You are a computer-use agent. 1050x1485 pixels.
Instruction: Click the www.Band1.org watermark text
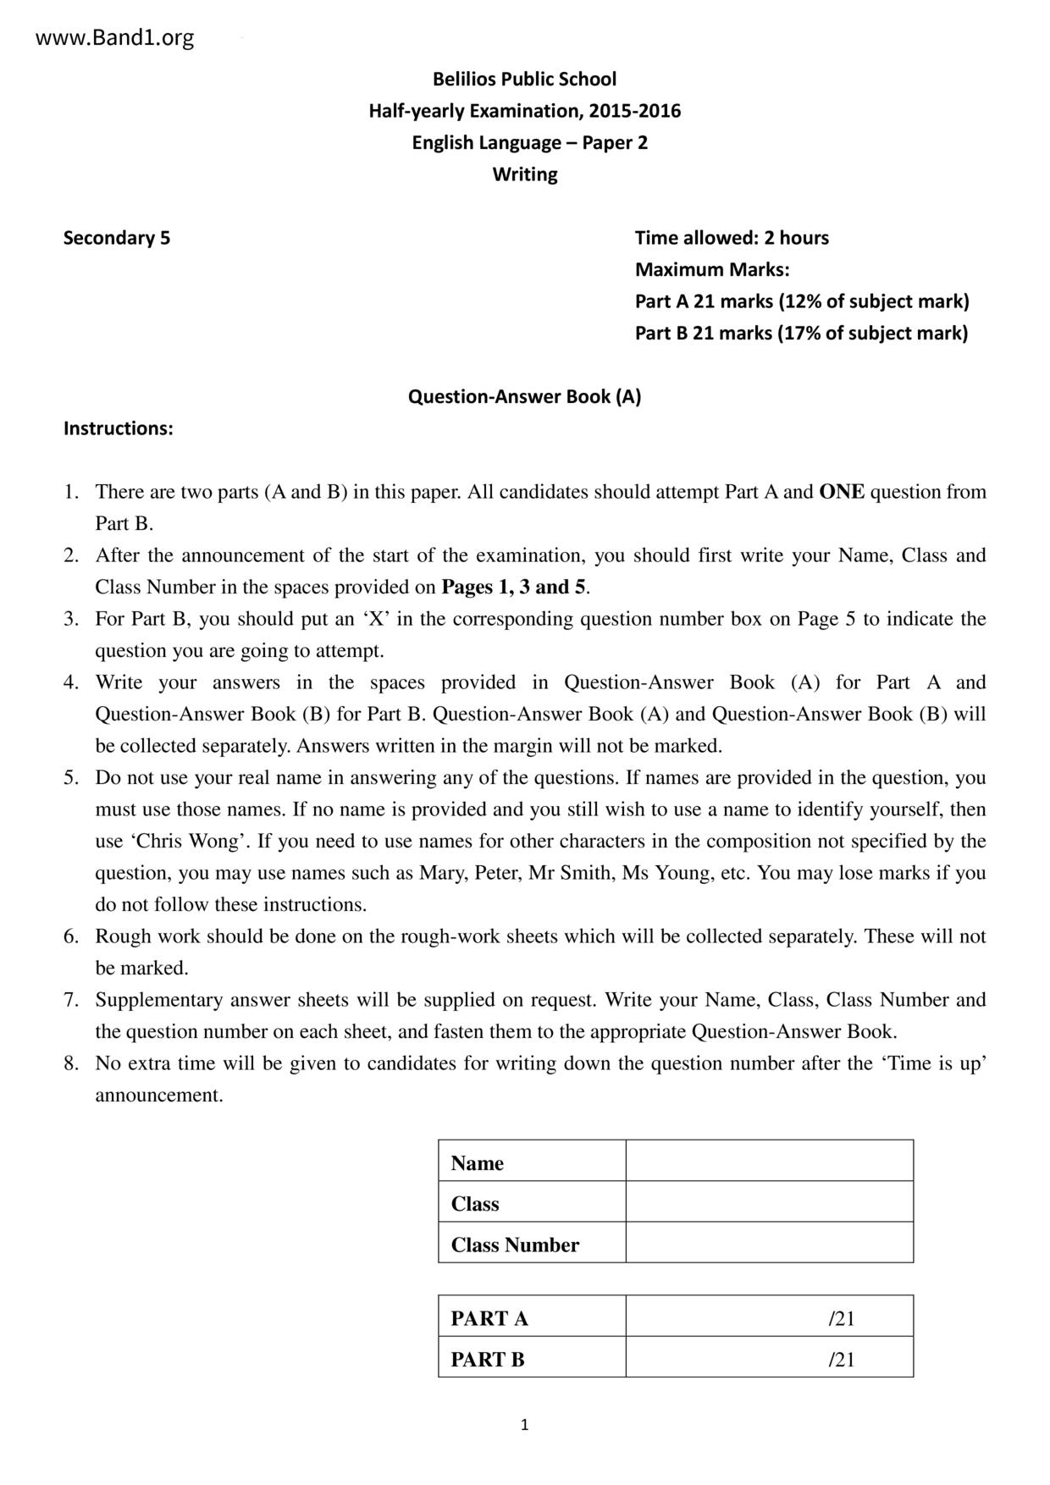(115, 38)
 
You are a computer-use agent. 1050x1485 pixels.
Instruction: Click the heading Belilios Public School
(524, 80)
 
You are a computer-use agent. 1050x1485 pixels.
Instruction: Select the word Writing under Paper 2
(525, 174)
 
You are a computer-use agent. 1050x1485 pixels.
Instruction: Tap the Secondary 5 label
(117, 238)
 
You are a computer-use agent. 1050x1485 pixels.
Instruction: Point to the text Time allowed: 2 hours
(732, 238)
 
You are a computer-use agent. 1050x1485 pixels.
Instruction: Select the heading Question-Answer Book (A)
(524, 396)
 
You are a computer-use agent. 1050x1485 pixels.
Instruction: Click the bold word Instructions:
(119, 428)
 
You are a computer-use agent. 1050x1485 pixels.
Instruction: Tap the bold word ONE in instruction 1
(842, 492)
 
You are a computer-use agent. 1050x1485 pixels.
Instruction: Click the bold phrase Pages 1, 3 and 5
(514, 588)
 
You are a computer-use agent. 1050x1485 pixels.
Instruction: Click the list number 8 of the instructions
(71, 1063)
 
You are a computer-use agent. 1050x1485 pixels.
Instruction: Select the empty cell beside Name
(769, 1161)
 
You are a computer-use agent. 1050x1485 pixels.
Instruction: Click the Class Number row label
(515, 1245)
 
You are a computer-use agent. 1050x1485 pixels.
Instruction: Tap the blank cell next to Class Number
(769, 1242)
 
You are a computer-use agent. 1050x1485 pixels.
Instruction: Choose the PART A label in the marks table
(489, 1318)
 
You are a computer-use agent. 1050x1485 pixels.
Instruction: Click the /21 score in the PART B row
(842, 1360)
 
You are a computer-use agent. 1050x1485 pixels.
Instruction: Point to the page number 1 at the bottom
(524, 1425)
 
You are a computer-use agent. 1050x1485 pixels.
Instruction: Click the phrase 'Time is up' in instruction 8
(937, 1063)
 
